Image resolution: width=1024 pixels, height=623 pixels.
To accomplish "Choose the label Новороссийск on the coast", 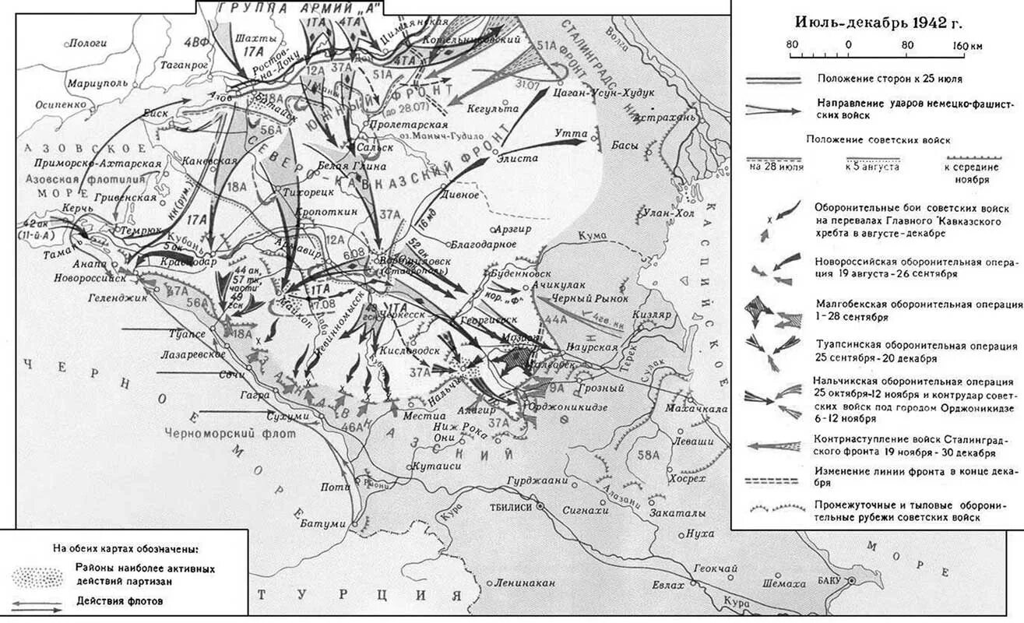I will point(90,277).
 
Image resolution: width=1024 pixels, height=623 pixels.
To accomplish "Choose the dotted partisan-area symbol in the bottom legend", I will point(37,575).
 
